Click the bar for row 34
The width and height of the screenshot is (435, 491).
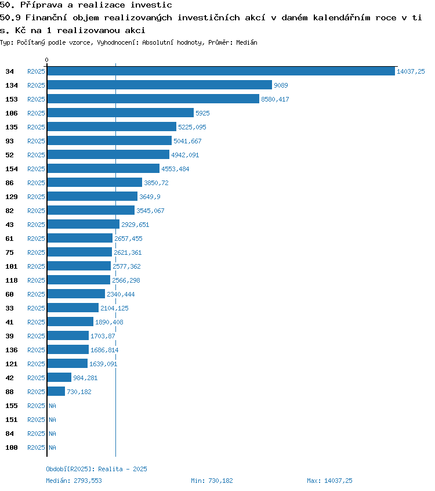pos(220,71)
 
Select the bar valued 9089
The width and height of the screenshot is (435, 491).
pos(159,85)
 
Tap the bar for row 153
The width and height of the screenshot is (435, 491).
pos(153,99)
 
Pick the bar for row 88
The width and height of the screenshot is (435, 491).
pos(56,392)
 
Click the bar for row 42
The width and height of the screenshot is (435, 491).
pos(59,378)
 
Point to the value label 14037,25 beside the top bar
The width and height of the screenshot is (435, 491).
pos(411,71)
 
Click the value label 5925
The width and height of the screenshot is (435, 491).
pos(202,113)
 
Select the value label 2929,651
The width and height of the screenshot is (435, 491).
pos(135,225)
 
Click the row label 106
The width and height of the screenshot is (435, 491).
pos(12,113)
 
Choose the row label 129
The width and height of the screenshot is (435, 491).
pos(12,197)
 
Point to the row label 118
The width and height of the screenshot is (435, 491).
pos(12,280)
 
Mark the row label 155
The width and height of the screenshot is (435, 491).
pos(12,406)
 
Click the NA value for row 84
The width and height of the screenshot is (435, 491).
pos(52,434)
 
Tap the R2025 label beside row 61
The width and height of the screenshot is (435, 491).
pos(36,239)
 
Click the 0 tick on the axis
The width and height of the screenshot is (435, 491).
pos(47,60)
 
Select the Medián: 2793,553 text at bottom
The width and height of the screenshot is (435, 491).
pos(74,481)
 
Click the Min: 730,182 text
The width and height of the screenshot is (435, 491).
pos(212,481)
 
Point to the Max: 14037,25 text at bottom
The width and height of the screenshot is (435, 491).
pos(329,481)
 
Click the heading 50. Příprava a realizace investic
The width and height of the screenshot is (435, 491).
pos(78,5)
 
